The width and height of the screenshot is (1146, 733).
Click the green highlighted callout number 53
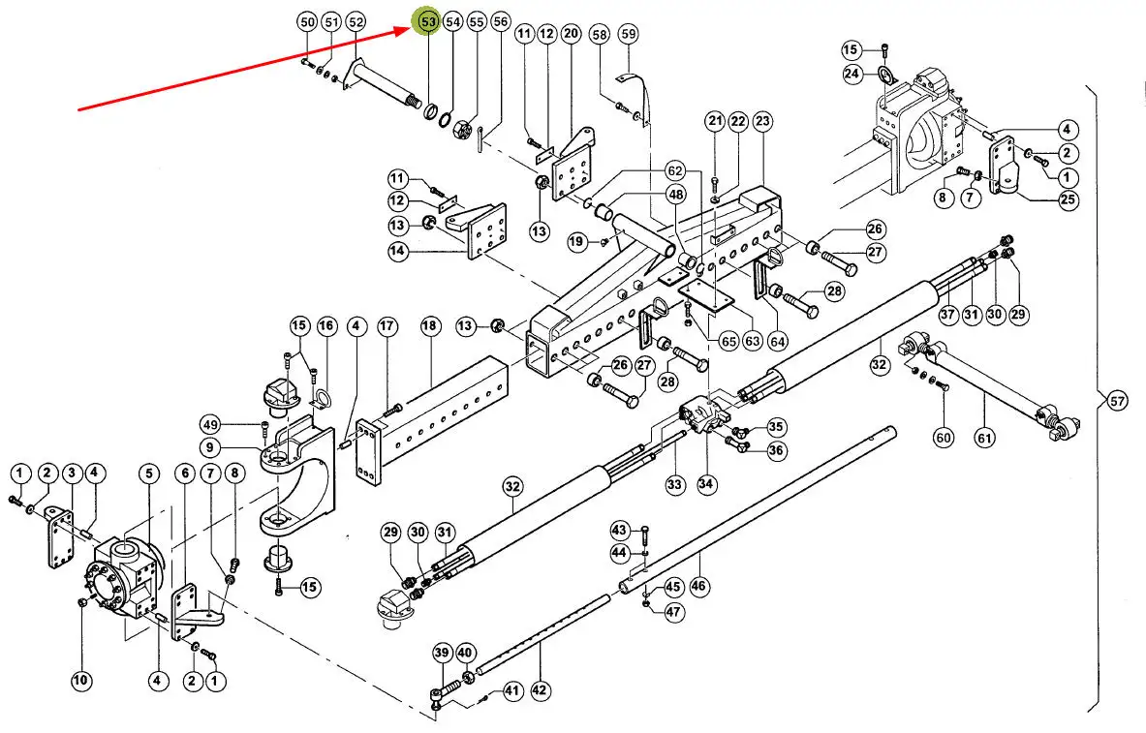coord(427,20)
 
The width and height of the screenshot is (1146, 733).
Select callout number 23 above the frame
coord(762,121)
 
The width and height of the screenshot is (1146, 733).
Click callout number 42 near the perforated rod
coord(541,690)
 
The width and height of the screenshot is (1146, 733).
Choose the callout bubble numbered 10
coord(81,682)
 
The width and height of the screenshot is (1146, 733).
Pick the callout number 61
coord(985,438)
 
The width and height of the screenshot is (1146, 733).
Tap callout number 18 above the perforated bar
coord(430,326)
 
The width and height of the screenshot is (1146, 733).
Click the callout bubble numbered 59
coord(628,35)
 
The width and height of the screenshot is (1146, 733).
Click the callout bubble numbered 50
coord(307,21)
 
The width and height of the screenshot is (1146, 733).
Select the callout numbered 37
coord(947,314)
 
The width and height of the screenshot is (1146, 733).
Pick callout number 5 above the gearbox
coord(148,473)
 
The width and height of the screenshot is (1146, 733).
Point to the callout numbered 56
coord(500,21)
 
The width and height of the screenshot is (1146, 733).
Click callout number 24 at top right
coord(852,74)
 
